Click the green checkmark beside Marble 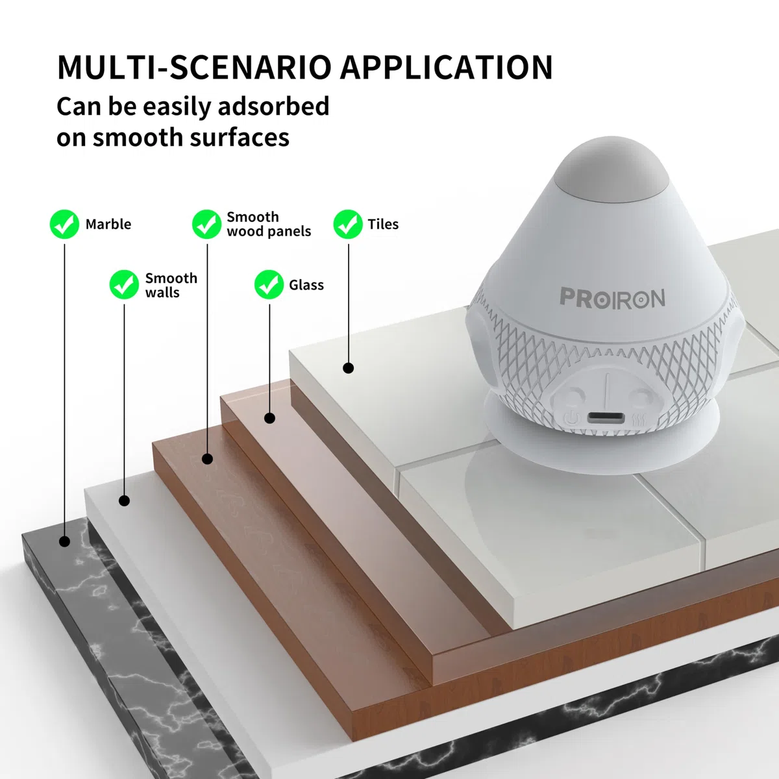tap(64, 224)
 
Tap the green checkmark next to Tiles tap(348, 224)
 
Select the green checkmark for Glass tap(269, 284)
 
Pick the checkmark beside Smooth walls tap(124, 284)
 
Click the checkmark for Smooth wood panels tap(206, 224)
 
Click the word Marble tap(108, 224)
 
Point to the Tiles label tap(383, 224)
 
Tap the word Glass tap(306, 285)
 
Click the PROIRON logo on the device tap(612, 298)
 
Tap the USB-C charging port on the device tap(606, 417)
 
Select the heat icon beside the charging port tap(639, 420)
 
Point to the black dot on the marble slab tap(65, 541)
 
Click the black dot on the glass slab tap(269, 418)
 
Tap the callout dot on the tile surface tap(349, 368)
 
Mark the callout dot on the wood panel tap(207, 459)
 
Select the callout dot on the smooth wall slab tap(124, 501)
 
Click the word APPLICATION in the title tap(446, 67)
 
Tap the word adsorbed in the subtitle tap(274, 106)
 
